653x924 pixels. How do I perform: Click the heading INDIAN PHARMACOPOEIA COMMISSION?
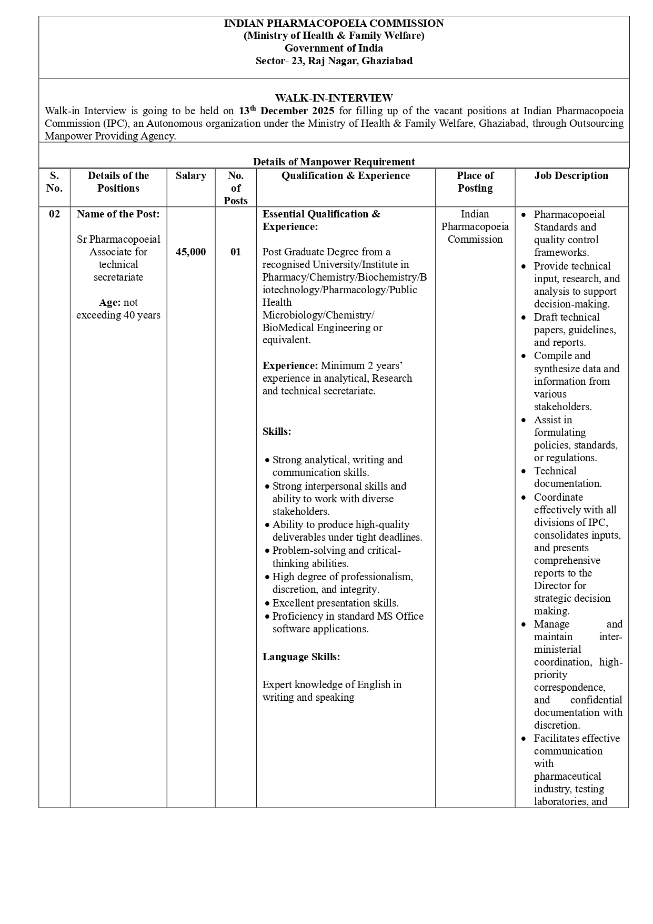334,23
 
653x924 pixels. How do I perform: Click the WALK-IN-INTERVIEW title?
334,98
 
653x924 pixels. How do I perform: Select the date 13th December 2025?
286,111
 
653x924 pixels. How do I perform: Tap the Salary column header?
190,176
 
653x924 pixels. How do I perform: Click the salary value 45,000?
190,252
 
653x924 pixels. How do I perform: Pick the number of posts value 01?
235,252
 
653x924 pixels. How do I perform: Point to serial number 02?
54,214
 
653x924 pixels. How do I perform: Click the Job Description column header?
571,176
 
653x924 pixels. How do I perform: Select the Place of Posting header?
475,182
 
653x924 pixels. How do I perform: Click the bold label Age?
110,303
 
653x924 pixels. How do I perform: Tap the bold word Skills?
277,432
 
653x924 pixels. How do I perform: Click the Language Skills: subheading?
301,657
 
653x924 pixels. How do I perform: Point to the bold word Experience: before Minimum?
290,366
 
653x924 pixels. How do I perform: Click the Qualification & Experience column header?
345,176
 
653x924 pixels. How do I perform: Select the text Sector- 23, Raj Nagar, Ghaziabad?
334,61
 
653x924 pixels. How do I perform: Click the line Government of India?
334,48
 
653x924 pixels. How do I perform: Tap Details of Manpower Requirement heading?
334,162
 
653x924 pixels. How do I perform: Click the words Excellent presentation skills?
335,603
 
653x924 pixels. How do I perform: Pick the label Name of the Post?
118,214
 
